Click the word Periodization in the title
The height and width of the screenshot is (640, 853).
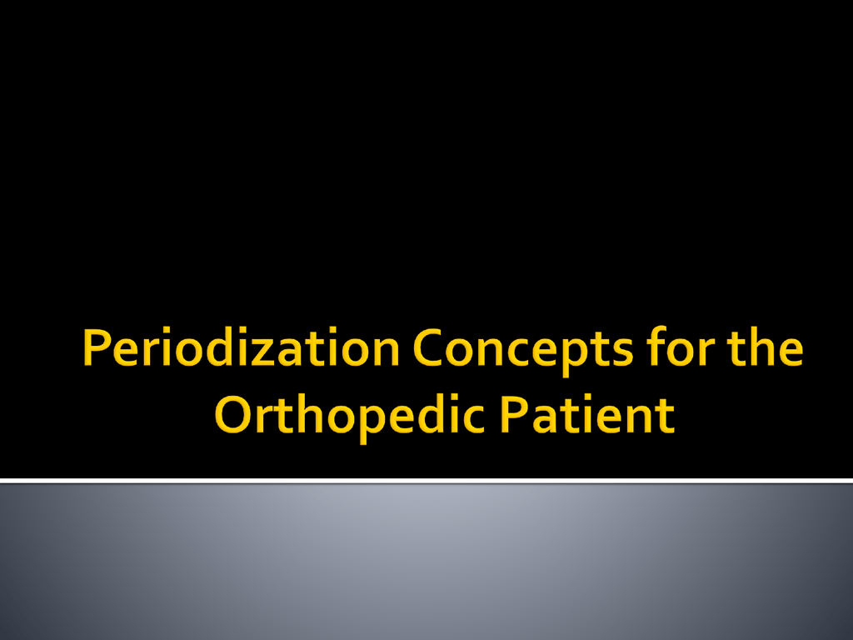tap(242, 347)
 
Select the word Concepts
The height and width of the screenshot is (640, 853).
tap(523, 351)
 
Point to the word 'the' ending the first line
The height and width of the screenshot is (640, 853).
tap(766, 347)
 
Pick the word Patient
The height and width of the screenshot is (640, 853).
tap(587, 415)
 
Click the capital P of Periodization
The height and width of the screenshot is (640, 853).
tap(96, 347)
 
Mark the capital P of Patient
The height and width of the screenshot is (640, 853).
tap(514, 415)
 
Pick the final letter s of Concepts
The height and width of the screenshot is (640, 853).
tap(623, 352)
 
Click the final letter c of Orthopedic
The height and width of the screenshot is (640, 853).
tap(472, 420)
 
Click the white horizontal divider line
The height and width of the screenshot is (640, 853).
tap(426, 481)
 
